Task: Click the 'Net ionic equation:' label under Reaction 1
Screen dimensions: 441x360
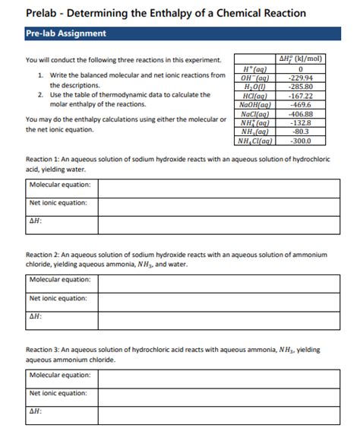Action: pos(58,203)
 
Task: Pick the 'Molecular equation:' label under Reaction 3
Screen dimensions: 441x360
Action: pos(60,375)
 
